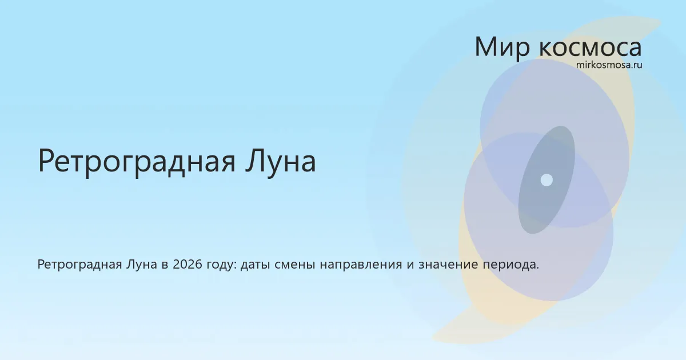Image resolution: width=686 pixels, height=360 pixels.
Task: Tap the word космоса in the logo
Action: click(590, 48)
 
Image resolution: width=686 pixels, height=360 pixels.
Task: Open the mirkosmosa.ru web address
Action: click(609, 65)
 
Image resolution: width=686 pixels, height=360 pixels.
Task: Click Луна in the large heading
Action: click(281, 161)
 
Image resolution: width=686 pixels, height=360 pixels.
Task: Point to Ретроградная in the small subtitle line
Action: click(79, 265)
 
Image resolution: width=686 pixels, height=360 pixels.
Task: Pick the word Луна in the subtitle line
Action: click(142, 265)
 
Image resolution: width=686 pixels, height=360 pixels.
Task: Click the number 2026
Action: click(188, 264)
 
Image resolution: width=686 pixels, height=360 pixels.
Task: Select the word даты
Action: click(255, 265)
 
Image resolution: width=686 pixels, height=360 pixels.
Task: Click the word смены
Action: click(294, 265)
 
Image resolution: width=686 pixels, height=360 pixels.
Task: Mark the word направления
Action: click(361, 265)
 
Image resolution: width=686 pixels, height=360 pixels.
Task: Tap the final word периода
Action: click(511, 265)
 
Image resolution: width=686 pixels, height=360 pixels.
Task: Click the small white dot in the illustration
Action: click(547, 180)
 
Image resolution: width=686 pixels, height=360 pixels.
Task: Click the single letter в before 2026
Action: click(165, 265)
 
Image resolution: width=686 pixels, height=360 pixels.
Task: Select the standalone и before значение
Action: click(410, 265)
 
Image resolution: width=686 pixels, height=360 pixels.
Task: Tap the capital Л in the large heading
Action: click(256, 161)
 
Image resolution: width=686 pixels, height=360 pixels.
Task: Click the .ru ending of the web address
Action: click(636, 65)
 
